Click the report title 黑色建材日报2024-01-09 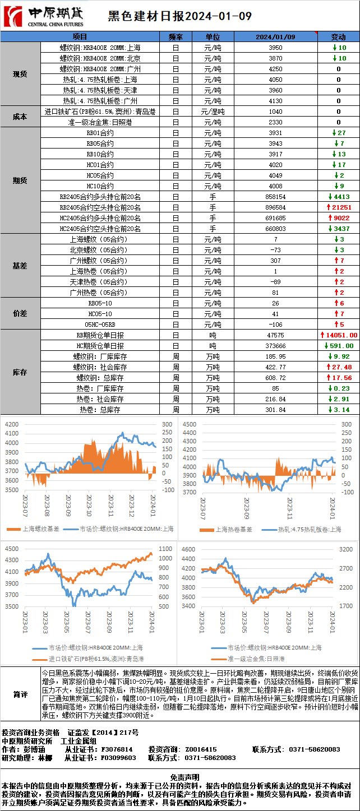[179, 16]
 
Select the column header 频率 [176, 36]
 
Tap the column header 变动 [338, 36]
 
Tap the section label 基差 [20, 266]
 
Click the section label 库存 [20, 372]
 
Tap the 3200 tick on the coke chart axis [346, 549]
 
